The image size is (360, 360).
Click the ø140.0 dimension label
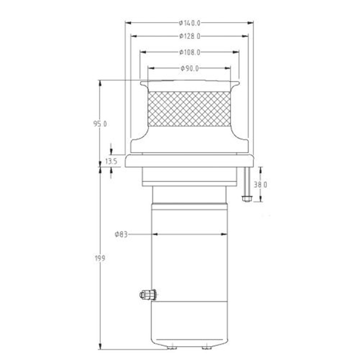coord(189,23)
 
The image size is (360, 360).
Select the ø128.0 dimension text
coord(189,36)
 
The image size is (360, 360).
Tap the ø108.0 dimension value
coord(189,52)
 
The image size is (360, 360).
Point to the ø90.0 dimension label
coord(189,68)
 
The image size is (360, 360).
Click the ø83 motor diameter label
coord(121,235)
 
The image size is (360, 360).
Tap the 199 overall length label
coord(100,259)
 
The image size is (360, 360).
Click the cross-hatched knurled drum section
coord(189,110)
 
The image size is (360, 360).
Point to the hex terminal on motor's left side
coord(146,295)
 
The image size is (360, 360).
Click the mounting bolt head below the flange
coord(246,198)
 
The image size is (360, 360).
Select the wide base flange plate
coord(189,160)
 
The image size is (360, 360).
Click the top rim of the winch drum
coord(189,82)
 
